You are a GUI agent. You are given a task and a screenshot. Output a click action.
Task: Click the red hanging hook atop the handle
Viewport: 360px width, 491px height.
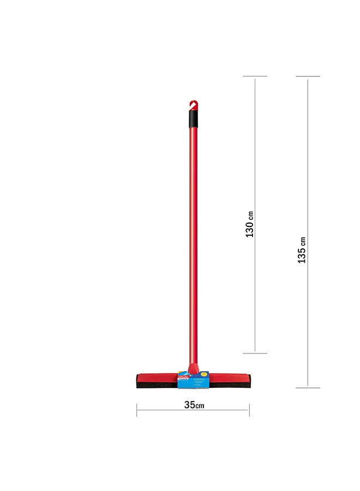point(193,104)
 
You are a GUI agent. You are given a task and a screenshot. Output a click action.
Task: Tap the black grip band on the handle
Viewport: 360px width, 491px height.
point(193,119)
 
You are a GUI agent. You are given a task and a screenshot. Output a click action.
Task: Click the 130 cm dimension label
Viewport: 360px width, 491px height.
point(250,224)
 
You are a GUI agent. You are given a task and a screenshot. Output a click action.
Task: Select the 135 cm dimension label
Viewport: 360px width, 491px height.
point(302,250)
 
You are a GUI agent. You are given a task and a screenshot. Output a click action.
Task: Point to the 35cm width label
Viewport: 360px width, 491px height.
point(194,405)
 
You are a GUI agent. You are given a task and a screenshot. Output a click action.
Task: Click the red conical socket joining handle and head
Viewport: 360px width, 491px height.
point(193,368)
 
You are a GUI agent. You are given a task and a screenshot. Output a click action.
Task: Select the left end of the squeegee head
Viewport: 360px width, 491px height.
point(139,381)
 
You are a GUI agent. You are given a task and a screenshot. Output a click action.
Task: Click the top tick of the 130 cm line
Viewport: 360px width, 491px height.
point(255,76)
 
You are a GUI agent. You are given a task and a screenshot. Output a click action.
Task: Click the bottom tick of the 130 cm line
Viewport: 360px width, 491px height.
point(255,353)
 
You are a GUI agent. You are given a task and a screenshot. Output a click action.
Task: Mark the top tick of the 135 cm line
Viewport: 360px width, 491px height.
point(308,76)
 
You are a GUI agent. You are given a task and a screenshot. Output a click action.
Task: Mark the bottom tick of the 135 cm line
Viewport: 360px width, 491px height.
point(308,388)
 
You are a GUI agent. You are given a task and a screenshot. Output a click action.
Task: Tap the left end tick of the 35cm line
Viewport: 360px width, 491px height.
point(137,410)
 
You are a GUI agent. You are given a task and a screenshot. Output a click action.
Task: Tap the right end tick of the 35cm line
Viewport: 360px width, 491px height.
point(249,410)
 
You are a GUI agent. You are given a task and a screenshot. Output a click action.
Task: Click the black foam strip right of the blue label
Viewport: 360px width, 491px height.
point(229,385)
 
